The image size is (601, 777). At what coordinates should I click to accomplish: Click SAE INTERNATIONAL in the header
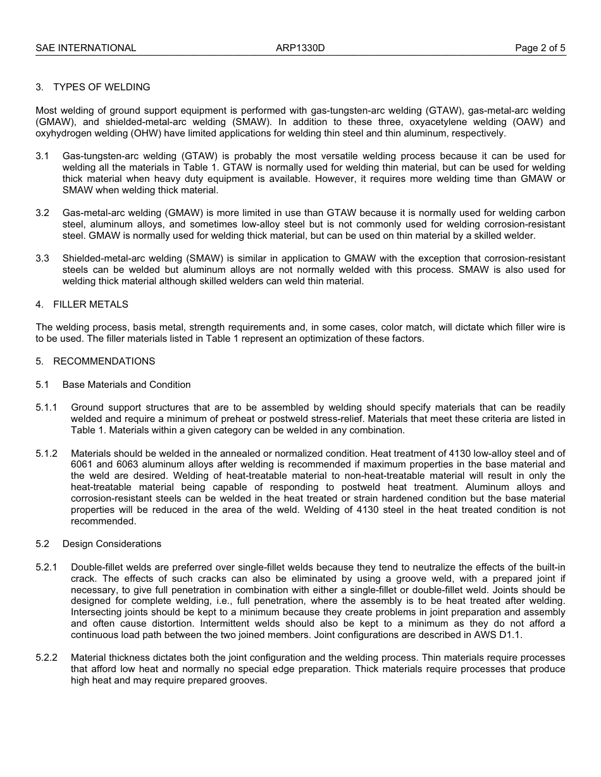[85, 48]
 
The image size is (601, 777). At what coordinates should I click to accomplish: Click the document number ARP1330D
[300, 48]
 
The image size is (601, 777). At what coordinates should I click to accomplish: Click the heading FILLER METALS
[90, 304]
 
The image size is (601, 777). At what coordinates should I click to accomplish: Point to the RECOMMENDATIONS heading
[104, 361]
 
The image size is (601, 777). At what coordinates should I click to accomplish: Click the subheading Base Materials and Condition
[127, 385]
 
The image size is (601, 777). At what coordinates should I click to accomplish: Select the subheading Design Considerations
[112, 544]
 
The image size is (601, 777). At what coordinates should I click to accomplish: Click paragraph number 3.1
[42, 156]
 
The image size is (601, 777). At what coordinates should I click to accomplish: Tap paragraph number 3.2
[42, 213]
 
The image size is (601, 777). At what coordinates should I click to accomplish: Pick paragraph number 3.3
[42, 258]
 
